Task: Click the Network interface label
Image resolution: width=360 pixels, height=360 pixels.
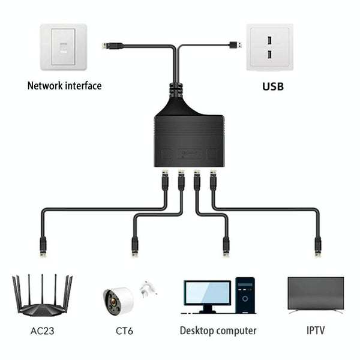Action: (x=64, y=86)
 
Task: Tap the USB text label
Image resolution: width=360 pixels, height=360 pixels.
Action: (x=273, y=86)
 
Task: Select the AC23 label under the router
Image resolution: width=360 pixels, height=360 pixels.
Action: (x=41, y=331)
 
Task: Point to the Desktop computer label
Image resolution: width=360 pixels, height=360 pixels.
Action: (x=218, y=331)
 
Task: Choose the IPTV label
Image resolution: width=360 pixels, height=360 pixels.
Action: (x=316, y=331)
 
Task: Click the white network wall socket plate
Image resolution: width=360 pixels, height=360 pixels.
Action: (x=63, y=47)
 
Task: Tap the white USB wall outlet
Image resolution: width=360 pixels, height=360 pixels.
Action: (x=269, y=47)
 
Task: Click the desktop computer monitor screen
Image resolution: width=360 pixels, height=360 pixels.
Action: (x=207, y=292)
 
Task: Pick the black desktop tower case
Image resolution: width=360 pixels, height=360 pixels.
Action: (x=245, y=295)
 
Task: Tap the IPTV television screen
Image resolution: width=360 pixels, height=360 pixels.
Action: (x=316, y=293)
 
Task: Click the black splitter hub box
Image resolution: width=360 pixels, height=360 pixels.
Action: (x=189, y=139)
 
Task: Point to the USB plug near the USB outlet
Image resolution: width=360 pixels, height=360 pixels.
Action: (x=236, y=44)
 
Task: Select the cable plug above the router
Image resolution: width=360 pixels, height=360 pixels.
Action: (x=43, y=245)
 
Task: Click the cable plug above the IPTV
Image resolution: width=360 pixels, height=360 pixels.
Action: (x=317, y=245)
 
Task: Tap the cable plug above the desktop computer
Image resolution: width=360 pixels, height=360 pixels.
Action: (x=226, y=245)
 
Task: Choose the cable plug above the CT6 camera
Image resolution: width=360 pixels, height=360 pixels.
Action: (x=135, y=245)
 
